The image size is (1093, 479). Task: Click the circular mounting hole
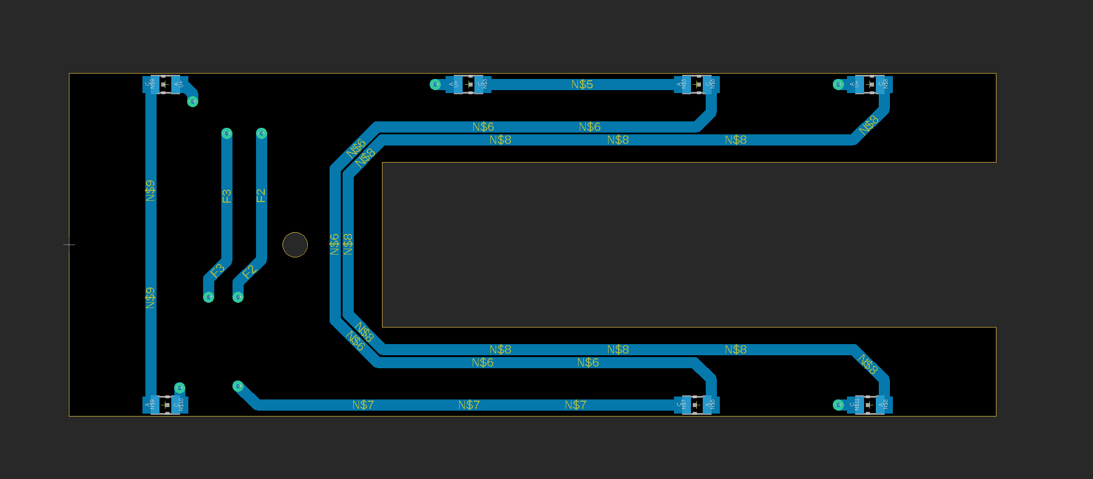(x=295, y=245)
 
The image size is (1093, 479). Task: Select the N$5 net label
(x=582, y=84)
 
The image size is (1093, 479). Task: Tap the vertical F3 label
(x=227, y=196)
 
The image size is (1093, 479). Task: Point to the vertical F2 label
(x=261, y=196)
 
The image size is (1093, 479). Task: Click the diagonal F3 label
(x=218, y=271)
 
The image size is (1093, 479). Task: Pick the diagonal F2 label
(x=249, y=272)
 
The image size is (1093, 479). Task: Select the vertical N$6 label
(x=334, y=244)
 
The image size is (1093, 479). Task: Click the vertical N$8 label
(x=348, y=244)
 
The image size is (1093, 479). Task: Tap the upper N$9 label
(x=151, y=190)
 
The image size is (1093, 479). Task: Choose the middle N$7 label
(x=469, y=405)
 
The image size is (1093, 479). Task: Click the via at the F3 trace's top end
(x=227, y=134)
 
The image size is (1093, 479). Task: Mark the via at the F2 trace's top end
(x=261, y=134)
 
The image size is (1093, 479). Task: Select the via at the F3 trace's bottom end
(x=208, y=297)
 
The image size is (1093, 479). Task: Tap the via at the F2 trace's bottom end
(x=238, y=297)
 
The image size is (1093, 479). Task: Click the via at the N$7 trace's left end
(x=238, y=386)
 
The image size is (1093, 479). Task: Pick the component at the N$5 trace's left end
(x=468, y=84)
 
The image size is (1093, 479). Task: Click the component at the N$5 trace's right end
(x=697, y=84)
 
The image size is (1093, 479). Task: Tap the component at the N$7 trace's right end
(x=697, y=405)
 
